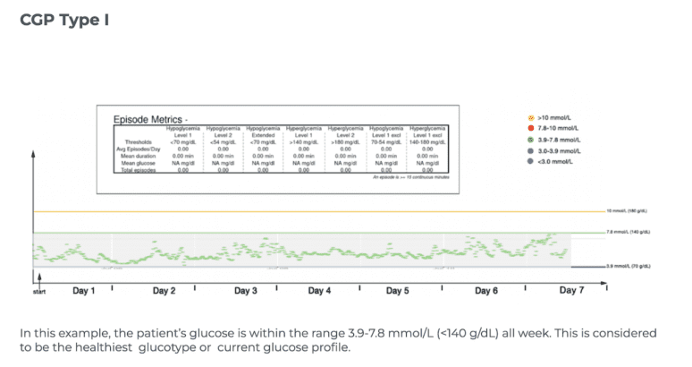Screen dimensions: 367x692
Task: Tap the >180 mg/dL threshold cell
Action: pos(346,142)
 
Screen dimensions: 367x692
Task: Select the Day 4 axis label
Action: pos(319,291)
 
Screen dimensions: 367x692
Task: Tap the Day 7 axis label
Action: pos(571,290)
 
